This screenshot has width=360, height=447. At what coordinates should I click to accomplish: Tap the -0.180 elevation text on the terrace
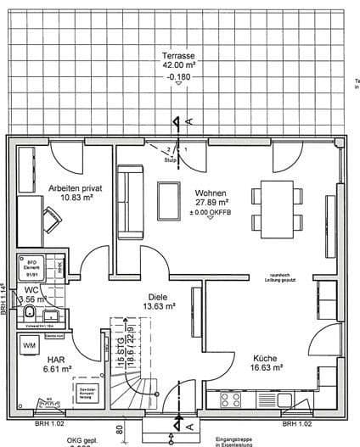pyautogui.click(x=180, y=76)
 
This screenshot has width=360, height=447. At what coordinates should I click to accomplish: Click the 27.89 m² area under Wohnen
pyautogui.click(x=211, y=203)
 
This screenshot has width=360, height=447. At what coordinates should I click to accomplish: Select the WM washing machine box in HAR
pyautogui.click(x=30, y=347)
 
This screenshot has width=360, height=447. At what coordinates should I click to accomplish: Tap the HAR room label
pyautogui.click(x=57, y=359)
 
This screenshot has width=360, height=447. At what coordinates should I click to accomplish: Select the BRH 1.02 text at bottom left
pyautogui.click(x=25, y=422)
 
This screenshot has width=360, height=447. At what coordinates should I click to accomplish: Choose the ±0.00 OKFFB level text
pyautogui.click(x=211, y=212)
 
